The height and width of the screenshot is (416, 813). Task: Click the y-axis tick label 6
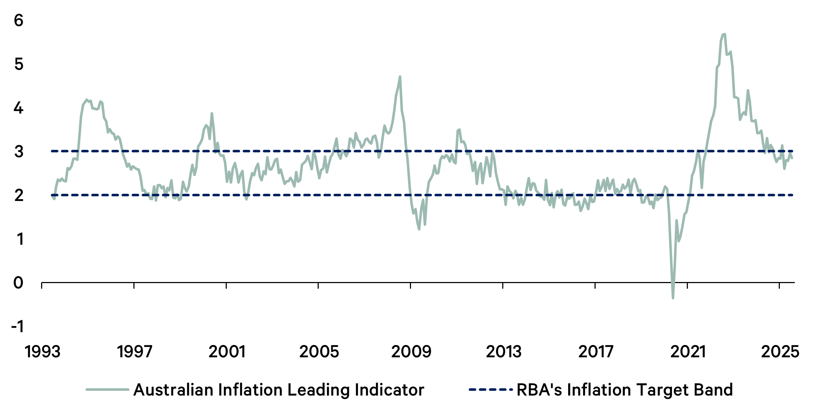click(x=18, y=21)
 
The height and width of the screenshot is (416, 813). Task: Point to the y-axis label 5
click(x=18, y=64)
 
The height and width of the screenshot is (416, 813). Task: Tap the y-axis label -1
click(x=17, y=327)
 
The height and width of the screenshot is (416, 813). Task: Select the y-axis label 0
click(x=18, y=283)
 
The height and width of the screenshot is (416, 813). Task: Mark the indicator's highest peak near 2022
click(x=724, y=34)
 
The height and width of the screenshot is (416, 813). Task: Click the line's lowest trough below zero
click(x=673, y=298)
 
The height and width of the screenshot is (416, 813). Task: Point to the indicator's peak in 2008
click(x=400, y=77)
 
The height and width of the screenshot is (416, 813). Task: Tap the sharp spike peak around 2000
click(x=212, y=113)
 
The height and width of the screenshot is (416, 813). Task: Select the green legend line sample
click(x=107, y=390)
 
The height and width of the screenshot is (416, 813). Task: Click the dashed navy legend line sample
click(x=490, y=390)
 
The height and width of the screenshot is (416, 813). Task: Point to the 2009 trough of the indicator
click(x=419, y=229)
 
